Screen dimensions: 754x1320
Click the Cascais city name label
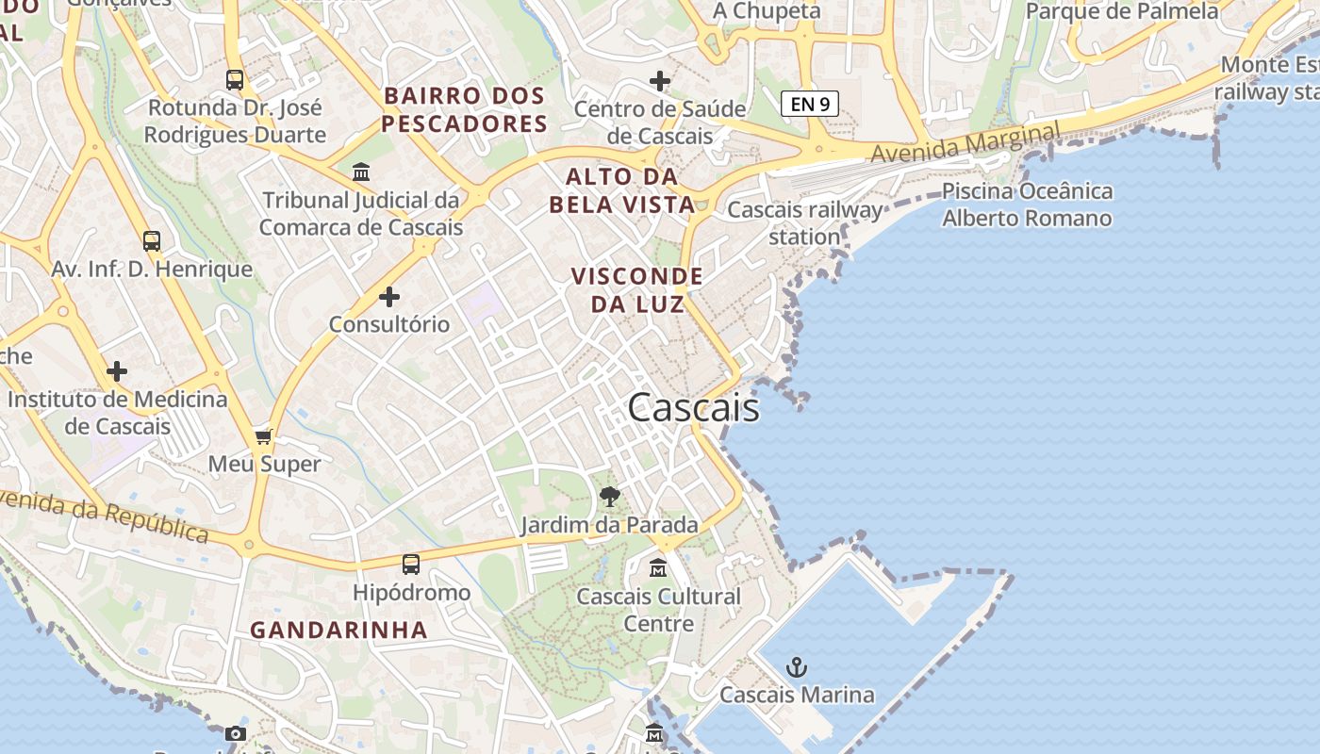pos(693,407)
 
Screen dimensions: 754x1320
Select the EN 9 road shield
pos(810,104)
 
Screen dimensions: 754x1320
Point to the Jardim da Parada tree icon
pos(610,496)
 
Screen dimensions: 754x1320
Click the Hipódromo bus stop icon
pos(411,565)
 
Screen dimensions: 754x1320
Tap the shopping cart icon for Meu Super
pos(264,436)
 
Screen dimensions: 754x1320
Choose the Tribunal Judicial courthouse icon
pos(361,172)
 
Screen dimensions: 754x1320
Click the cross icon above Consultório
pos(389,297)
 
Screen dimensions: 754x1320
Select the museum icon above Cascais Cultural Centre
pos(658,568)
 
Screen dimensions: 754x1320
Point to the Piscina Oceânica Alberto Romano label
pos(1027,205)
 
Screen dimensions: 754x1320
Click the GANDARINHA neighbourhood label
pos(339,631)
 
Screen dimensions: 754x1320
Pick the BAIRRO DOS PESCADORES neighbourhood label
pos(464,109)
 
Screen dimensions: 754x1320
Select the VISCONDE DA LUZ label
pos(637,289)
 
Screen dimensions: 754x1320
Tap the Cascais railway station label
pos(805,222)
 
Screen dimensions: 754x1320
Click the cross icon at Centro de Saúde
pos(660,81)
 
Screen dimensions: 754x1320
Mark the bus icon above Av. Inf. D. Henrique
pos(152,240)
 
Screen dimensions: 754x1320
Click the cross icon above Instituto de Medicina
pos(117,371)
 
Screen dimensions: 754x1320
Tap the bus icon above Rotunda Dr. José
pos(235,80)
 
